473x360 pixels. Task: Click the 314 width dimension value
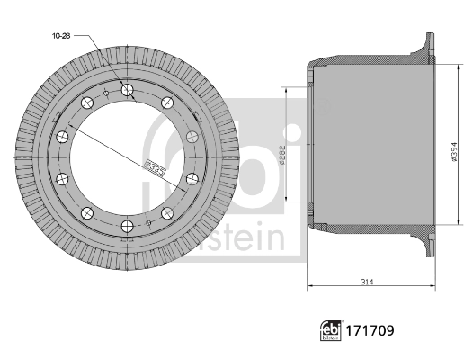pyautogui.click(x=367, y=282)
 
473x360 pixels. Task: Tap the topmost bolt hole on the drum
pyautogui.click(x=127, y=89)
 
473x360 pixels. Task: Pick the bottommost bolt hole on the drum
pyautogui.click(x=127, y=225)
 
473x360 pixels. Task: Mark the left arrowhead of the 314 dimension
pyautogui.click(x=311, y=287)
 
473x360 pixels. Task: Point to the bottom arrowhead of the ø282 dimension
pyautogui.click(x=288, y=200)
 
